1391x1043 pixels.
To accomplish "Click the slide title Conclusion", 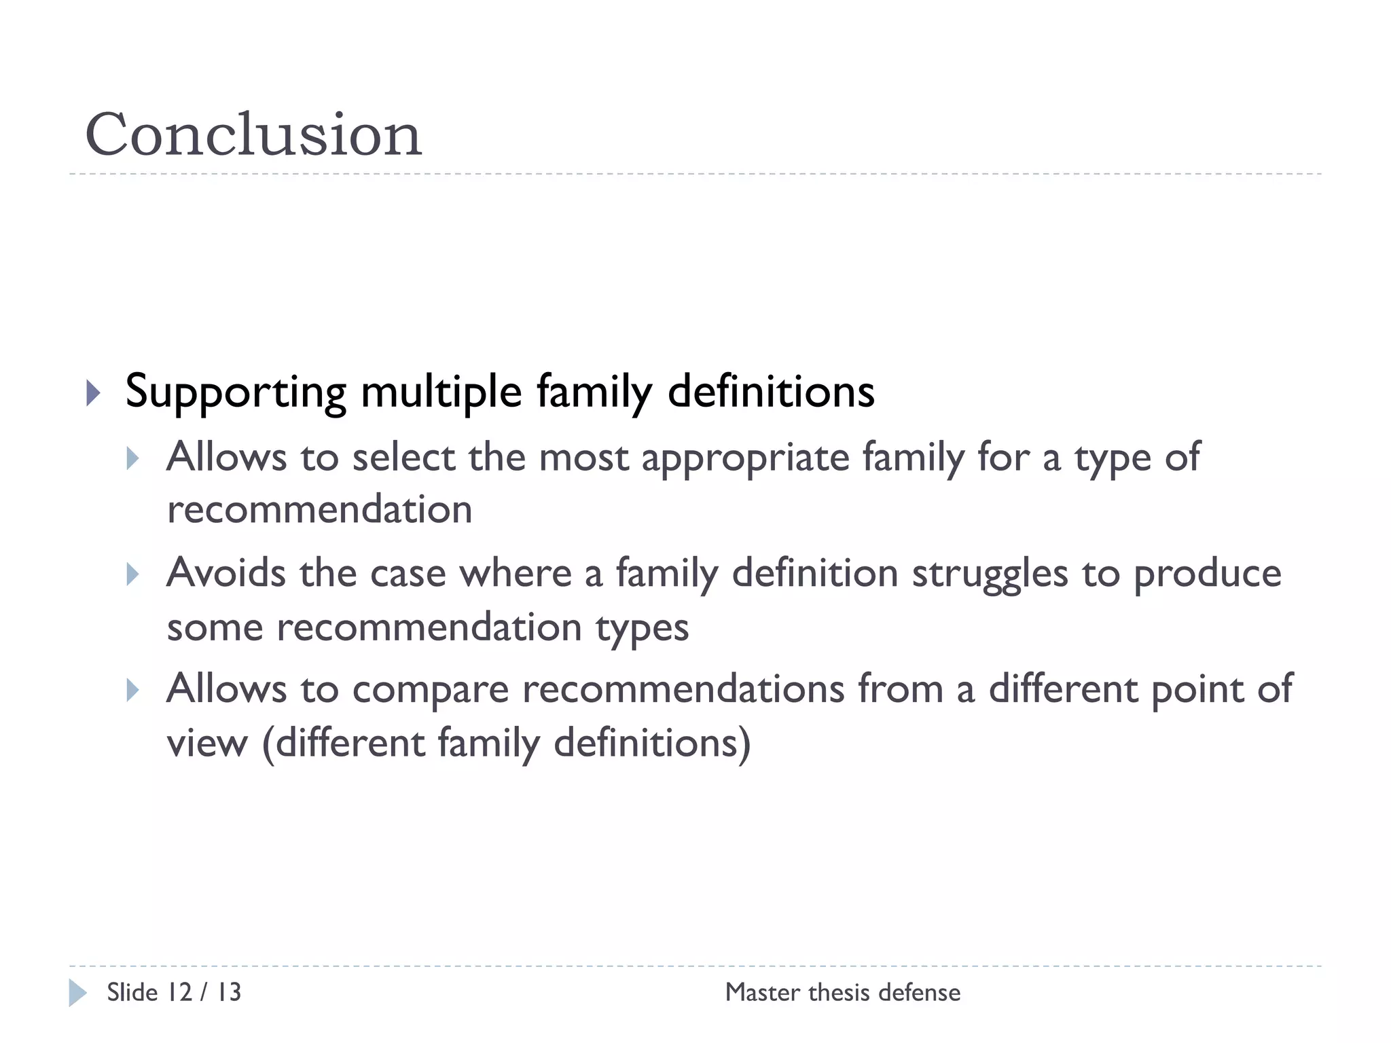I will click(253, 134).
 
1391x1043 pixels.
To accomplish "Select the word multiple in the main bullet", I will click(441, 392).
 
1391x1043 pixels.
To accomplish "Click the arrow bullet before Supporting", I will click(94, 392).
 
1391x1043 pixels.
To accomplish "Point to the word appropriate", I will click(745, 457).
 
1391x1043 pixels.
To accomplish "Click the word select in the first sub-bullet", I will click(403, 457).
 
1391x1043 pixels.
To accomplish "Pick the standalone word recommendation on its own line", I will click(319, 509).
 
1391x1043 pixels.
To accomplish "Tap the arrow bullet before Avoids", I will click(133, 574).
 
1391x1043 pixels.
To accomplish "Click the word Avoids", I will click(226, 573).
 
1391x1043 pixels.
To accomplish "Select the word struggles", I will click(990, 574).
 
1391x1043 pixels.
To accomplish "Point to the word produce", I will click(1207, 574).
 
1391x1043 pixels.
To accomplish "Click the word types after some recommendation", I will click(642, 628).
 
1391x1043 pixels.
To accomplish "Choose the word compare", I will click(430, 690).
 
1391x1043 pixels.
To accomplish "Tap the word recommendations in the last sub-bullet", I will click(683, 689).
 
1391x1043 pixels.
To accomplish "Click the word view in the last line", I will click(207, 743).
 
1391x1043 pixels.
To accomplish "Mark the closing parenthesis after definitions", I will click(745, 743).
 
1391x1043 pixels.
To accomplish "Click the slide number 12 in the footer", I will click(179, 993).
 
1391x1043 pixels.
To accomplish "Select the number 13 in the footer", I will click(229, 993).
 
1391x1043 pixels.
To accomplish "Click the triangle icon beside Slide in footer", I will click(77, 993).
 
